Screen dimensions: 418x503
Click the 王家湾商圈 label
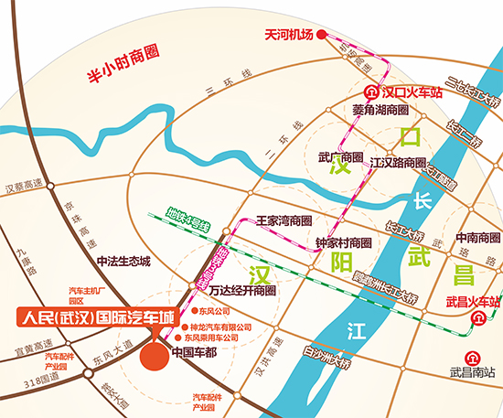click(284, 221)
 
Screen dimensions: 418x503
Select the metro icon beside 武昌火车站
click(479, 318)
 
